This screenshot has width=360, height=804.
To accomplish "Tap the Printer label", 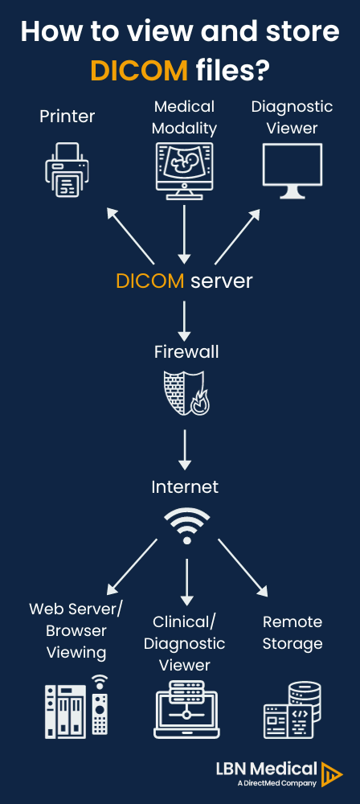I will pos(67,117).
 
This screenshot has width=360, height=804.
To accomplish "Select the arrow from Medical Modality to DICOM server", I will pos(184,234).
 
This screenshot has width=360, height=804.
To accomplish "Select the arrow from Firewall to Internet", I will pos(185,449).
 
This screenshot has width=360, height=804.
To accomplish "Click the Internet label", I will pos(185,487).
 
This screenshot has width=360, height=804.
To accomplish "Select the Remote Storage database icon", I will pos(292,710).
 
